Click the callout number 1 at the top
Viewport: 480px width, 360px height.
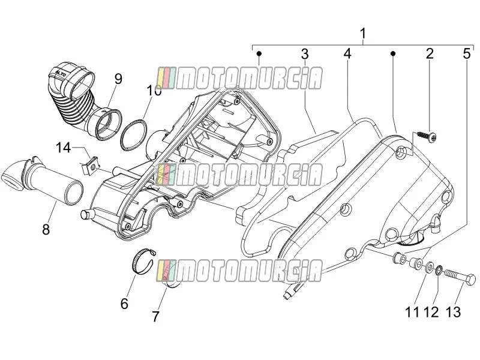(x=363, y=34)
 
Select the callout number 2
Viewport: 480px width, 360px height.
(x=430, y=53)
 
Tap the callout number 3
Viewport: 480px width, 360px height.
(x=305, y=54)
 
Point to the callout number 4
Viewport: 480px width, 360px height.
(x=347, y=53)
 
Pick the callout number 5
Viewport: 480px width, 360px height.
(x=466, y=53)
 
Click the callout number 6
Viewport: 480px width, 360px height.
(x=124, y=304)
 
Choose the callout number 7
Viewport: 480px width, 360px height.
(x=156, y=317)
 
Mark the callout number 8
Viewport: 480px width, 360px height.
(x=46, y=229)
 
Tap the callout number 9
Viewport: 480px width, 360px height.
(x=118, y=79)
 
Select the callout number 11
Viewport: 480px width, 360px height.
(x=412, y=312)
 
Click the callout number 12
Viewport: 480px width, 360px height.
(x=431, y=312)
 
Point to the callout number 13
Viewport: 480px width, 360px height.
(x=453, y=312)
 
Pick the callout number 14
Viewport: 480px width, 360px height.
(x=64, y=148)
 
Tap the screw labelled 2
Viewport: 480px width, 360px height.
(x=427, y=136)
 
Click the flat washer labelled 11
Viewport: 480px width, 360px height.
(x=428, y=266)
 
